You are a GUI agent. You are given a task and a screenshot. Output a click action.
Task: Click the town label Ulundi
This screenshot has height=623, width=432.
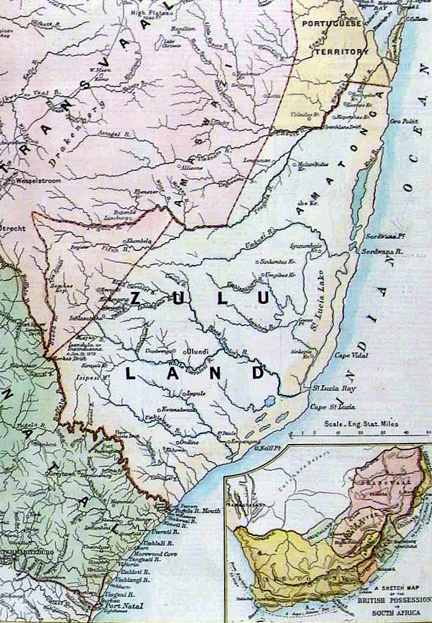pyautogui.click(x=198, y=352)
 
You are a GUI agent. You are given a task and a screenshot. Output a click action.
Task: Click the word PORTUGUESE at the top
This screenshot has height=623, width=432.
pyautogui.click(x=331, y=23)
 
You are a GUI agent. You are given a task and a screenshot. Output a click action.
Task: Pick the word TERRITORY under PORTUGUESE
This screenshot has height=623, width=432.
pyautogui.click(x=342, y=51)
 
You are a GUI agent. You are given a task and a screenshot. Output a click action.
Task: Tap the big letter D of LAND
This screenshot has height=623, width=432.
pyautogui.click(x=258, y=373)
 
